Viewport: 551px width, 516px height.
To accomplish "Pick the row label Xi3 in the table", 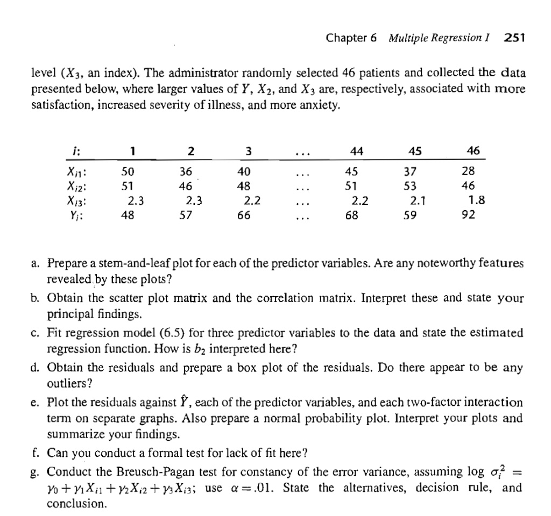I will (x=78, y=202).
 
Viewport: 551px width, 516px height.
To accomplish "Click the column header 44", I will (x=356, y=152).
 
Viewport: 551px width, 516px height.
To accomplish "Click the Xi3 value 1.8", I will (x=477, y=202).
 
